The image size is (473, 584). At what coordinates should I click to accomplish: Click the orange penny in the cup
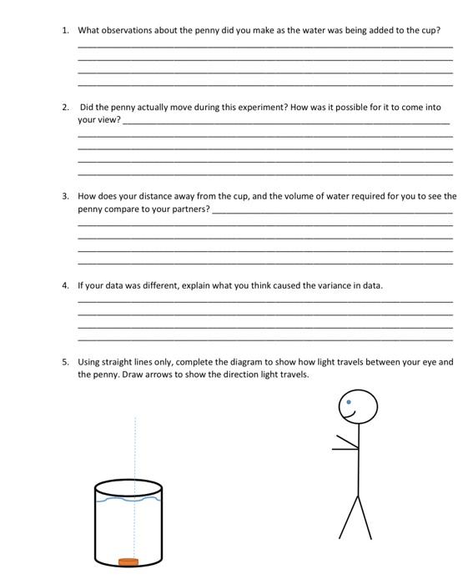128,562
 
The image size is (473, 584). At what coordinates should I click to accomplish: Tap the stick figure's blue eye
350,402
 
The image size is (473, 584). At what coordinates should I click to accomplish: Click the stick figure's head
358,408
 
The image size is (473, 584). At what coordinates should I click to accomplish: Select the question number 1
64,30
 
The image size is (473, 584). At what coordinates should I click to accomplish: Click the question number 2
64,108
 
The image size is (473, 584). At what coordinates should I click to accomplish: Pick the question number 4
64,285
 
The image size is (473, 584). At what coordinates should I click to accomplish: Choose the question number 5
64,363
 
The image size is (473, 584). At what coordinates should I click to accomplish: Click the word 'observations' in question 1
132,30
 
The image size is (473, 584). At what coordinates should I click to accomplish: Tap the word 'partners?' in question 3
190,209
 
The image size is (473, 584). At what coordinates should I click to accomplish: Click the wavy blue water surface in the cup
128,500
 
